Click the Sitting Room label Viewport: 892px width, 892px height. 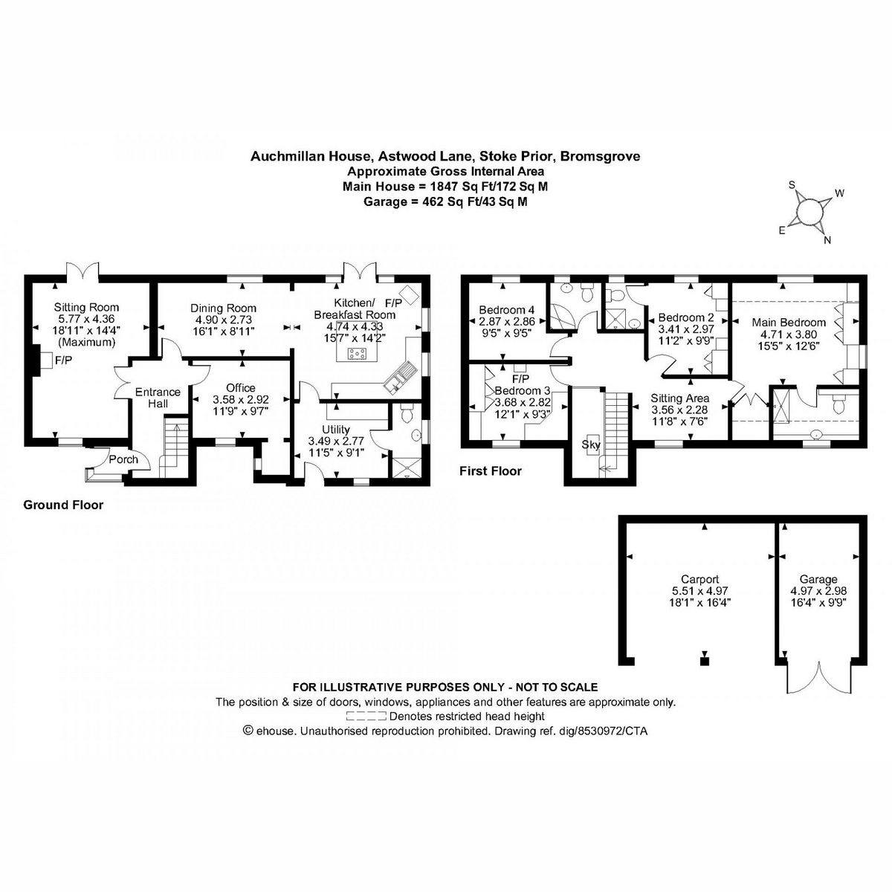click(x=86, y=307)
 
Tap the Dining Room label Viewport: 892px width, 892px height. click(x=223, y=308)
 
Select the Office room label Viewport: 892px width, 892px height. click(x=240, y=387)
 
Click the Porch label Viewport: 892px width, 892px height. click(x=123, y=459)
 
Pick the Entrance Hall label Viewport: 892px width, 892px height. click(x=157, y=398)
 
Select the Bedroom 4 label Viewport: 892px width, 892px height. click(x=506, y=310)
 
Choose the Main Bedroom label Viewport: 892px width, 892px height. click(x=788, y=322)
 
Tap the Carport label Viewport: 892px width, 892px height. click(x=699, y=579)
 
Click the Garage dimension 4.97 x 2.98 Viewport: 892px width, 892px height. click(x=818, y=591)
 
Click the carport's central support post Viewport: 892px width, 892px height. click(x=705, y=659)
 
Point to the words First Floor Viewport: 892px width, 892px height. click(x=491, y=471)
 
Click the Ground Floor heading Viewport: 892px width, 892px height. click(x=63, y=505)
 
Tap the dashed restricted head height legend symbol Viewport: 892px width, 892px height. click(x=366, y=717)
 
